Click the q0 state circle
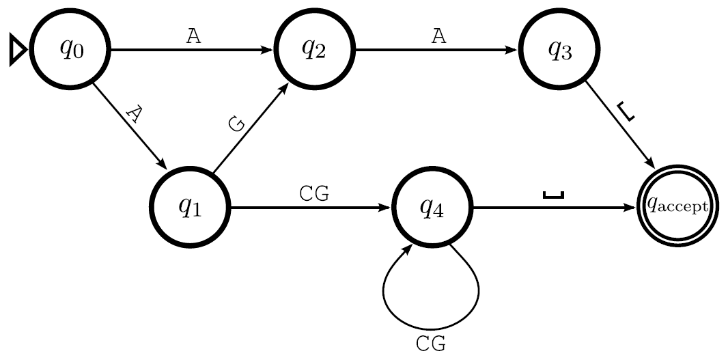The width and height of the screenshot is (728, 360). [x=71, y=50]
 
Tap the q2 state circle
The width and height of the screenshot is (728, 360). [x=314, y=50]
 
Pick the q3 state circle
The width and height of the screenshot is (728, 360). [x=559, y=50]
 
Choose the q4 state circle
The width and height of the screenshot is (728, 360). [x=433, y=208]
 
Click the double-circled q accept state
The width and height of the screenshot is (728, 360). [x=677, y=208]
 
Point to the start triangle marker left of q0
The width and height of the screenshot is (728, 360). [x=18, y=51]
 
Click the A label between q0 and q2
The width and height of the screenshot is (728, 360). [x=194, y=37]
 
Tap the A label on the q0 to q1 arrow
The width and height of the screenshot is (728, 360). [x=133, y=114]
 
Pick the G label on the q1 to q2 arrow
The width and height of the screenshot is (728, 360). [x=236, y=124]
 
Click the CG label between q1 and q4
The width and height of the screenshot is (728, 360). [x=314, y=194]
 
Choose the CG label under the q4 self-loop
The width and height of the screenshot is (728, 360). [x=431, y=344]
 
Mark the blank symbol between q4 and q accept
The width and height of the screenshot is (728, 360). [x=553, y=195]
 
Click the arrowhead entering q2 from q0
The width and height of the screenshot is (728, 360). [x=268, y=50]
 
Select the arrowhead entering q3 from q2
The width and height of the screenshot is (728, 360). [x=513, y=50]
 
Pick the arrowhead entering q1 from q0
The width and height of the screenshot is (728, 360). [x=163, y=164]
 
